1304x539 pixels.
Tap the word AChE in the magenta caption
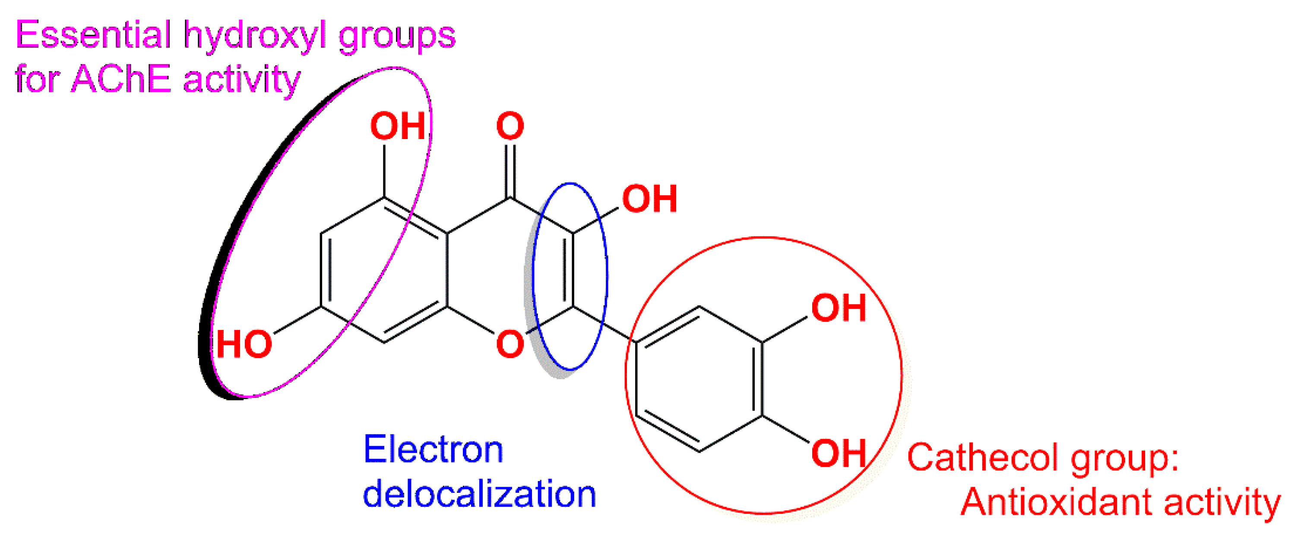click(121, 79)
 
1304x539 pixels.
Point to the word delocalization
click(479, 494)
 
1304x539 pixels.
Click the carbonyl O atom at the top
click(510, 126)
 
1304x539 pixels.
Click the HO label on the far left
click(244, 345)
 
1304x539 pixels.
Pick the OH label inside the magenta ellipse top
click(398, 126)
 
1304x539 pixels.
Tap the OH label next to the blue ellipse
click(650, 199)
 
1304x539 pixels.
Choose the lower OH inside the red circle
click(839, 453)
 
